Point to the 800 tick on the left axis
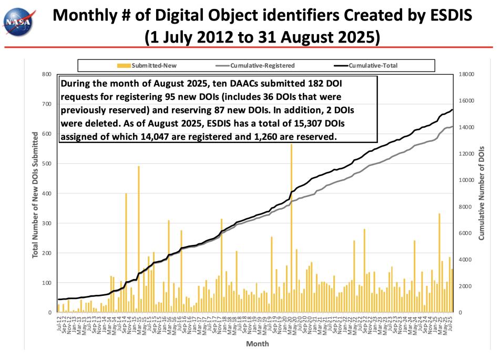[x=46, y=74]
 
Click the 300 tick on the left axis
[x=46, y=223]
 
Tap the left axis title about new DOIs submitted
[x=35, y=194]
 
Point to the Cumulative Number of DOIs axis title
[x=481, y=193]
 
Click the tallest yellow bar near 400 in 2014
[x=126, y=252]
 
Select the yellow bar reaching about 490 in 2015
[x=139, y=239]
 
